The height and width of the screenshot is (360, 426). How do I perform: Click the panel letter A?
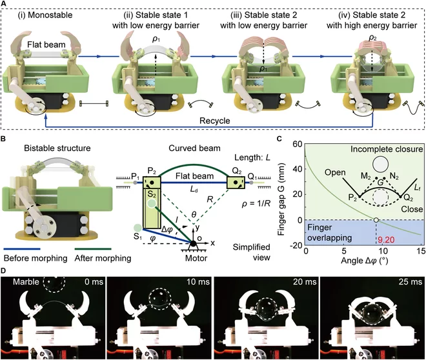pos(4,5)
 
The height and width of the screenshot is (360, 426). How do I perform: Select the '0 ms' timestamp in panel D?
pos(91,283)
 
